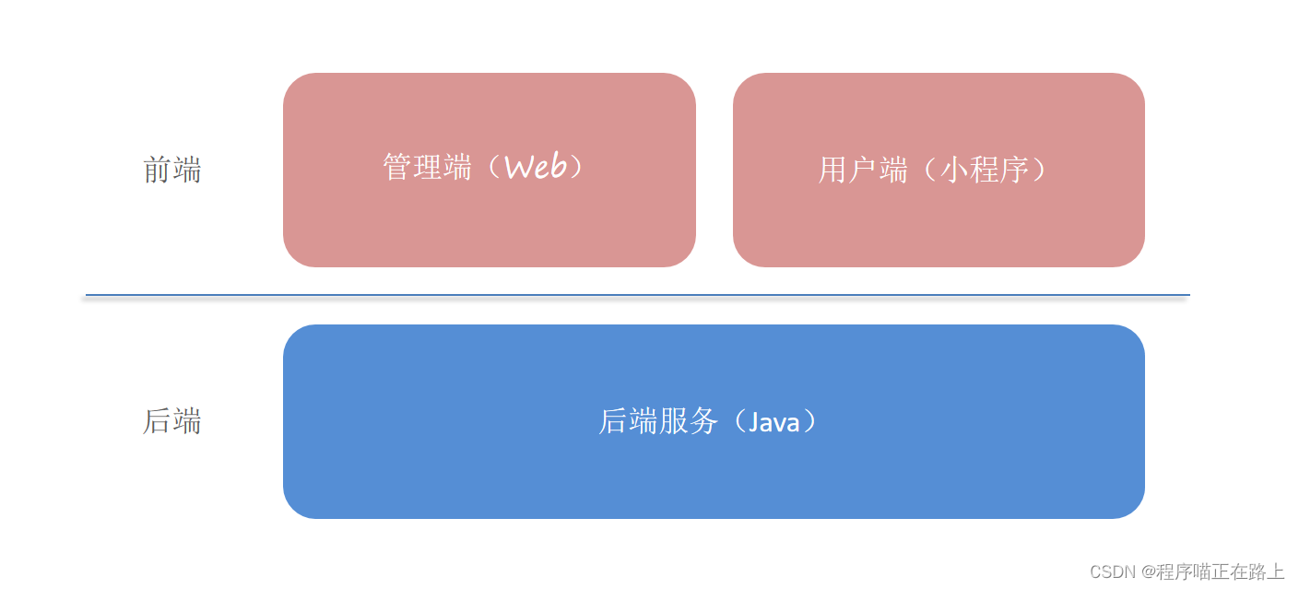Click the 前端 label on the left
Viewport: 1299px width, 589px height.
172,171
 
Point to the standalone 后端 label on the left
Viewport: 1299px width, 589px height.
172,421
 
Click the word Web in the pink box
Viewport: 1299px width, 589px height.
536,168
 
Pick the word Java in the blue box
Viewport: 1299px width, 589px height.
774,422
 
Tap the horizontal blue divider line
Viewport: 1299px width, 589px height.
636,295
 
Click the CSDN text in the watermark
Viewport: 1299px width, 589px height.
1111,572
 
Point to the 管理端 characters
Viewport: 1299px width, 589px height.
428,168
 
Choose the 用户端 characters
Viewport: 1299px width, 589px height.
863,171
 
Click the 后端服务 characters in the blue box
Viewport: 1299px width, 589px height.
658,422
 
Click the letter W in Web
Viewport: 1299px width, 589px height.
520,168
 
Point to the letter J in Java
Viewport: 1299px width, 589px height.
753,422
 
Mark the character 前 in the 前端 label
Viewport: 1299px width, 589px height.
158,171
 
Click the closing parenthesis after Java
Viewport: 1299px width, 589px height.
809,422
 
